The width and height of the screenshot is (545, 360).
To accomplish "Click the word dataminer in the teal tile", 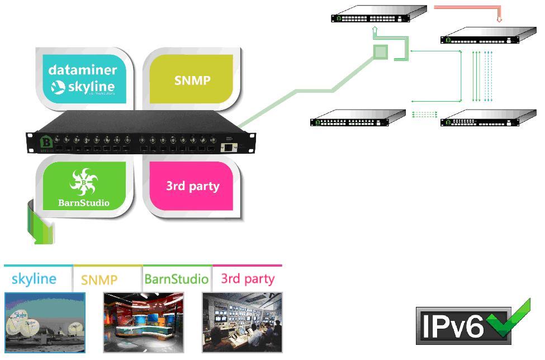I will (x=83, y=70).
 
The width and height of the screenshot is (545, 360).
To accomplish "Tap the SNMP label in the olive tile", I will (x=192, y=80).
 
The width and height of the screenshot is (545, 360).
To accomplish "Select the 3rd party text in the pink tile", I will (x=192, y=186).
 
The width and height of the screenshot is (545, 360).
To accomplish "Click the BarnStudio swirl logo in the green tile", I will (x=84, y=182).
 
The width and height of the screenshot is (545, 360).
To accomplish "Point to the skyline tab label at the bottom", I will (x=34, y=278).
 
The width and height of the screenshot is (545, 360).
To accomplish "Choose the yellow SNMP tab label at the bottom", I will (x=99, y=280).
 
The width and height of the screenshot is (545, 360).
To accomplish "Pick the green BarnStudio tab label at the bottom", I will (x=176, y=278).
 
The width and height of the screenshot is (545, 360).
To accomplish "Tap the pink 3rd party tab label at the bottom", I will (x=248, y=278).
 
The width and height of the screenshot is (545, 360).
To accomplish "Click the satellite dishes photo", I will (x=45, y=322).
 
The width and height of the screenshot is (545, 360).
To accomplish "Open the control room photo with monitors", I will (x=242, y=322).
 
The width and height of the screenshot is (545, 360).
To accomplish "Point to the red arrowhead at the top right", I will (x=499, y=20).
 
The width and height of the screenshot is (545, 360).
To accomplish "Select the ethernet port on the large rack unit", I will (x=229, y=147).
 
